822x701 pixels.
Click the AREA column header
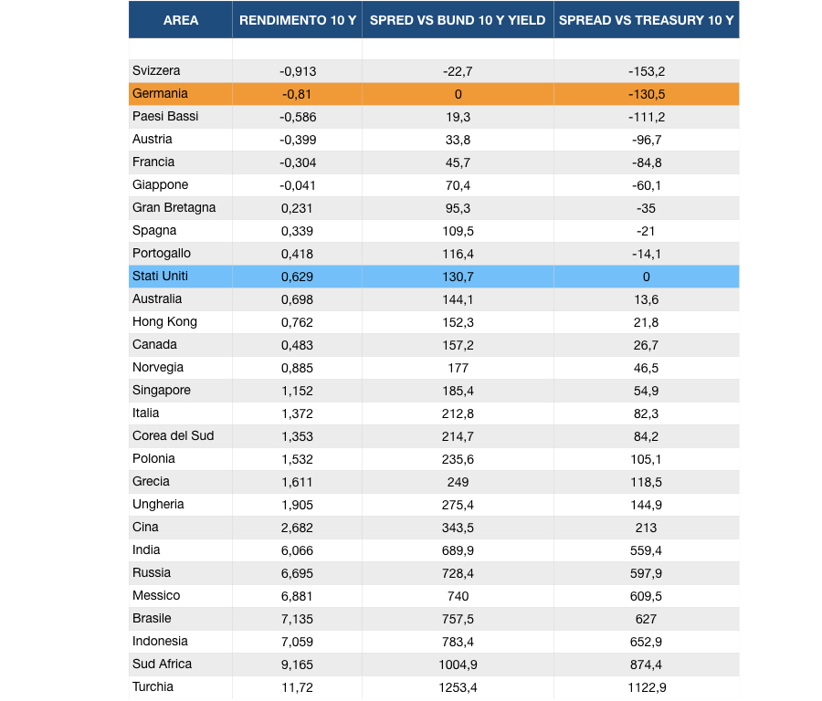click(180, 20)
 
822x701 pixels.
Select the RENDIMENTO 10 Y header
click(298, 20)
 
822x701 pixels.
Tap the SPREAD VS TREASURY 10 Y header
click(646, 20)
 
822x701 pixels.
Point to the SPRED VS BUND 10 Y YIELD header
click(458, 20)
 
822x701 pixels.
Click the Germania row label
click(160, 93)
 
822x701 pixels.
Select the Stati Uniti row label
click(160, 276)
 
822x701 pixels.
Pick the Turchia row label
click(153, 687)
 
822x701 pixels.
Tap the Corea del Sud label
click(173, 436)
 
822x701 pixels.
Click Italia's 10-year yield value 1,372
click(297, 413)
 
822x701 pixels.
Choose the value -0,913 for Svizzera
click(298, 71)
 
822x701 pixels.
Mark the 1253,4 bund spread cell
click(458, 687)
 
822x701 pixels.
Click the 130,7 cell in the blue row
click(458, 277)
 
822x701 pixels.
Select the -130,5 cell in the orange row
click(647, 94)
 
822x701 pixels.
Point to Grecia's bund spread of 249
click(458, 482)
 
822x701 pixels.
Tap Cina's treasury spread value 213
click(646, 528)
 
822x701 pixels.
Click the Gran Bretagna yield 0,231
click(297, 208)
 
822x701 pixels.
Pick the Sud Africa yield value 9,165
click(297, 664)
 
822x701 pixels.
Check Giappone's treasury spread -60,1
click(647, 185)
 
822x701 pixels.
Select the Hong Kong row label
click(164, 321)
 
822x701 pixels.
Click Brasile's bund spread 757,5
click(458, 619)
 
